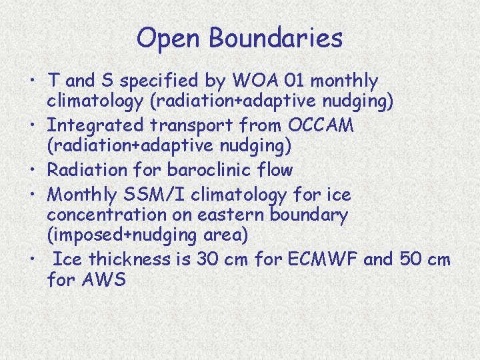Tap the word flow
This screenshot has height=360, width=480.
(273, 170)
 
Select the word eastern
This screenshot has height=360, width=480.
(231, 215)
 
